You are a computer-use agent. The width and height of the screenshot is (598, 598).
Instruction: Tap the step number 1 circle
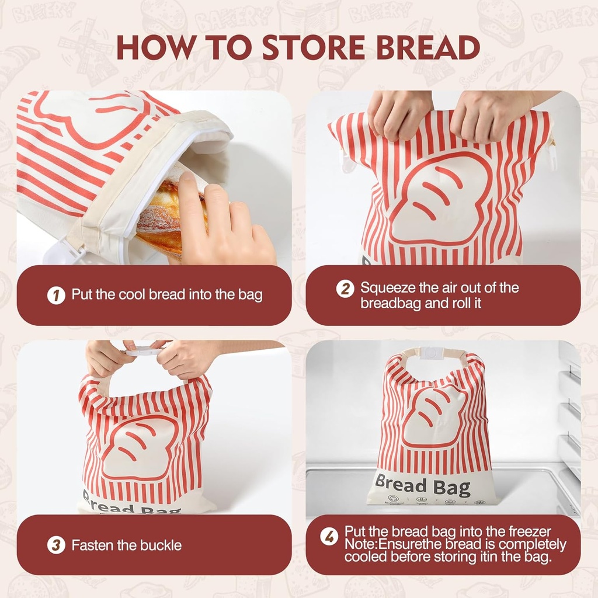click(55, 295)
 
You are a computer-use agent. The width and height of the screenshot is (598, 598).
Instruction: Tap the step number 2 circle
click(345, 288)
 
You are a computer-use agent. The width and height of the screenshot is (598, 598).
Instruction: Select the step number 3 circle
click(55, 545)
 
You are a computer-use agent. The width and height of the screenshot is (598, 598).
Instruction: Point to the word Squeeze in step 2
click(386, 288)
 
